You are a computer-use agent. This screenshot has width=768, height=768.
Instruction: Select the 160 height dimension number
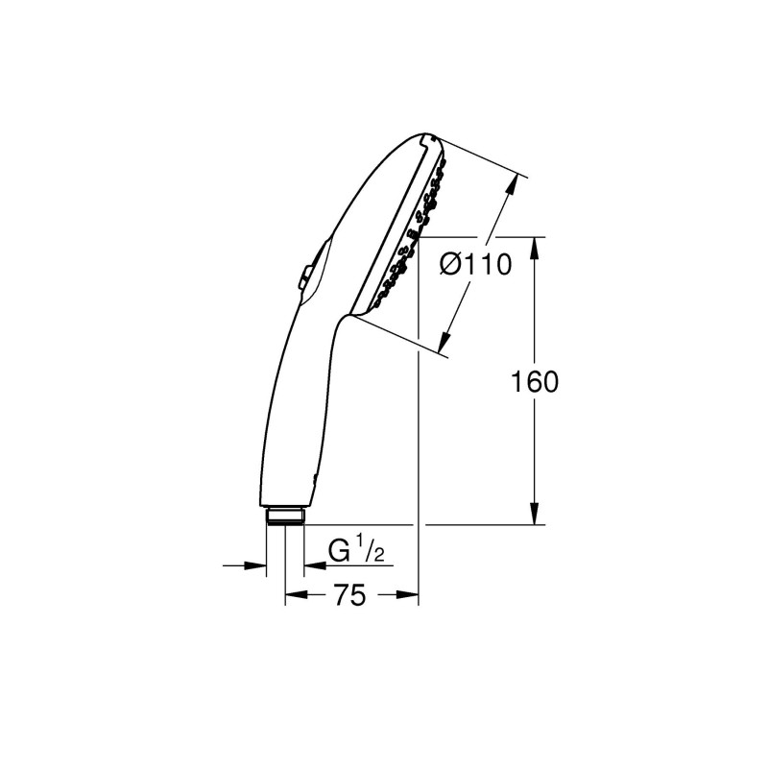[x=534, y=381]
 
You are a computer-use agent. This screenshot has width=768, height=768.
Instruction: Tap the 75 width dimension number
[x=349, y=596]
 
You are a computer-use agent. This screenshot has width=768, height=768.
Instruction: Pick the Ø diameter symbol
[x=451, y=265]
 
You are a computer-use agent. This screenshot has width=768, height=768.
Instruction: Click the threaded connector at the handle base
[x=285, y=516]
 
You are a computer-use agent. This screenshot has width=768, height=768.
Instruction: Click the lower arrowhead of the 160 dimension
[x=536, y=516]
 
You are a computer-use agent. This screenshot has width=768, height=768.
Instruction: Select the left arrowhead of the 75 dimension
[x=292, y=596]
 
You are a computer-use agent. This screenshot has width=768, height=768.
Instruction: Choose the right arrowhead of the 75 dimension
[x=412, y=596]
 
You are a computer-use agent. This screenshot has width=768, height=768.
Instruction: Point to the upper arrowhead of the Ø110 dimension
[x=519, y=182]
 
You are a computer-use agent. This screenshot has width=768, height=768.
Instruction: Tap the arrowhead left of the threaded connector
[x=258, y=566]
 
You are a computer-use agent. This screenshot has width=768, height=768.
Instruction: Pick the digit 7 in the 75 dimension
[x=341, y=596]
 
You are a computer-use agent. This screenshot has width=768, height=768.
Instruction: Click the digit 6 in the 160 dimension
[x=534, y=381]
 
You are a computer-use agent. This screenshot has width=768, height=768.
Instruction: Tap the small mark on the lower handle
[x=311, y=476]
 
